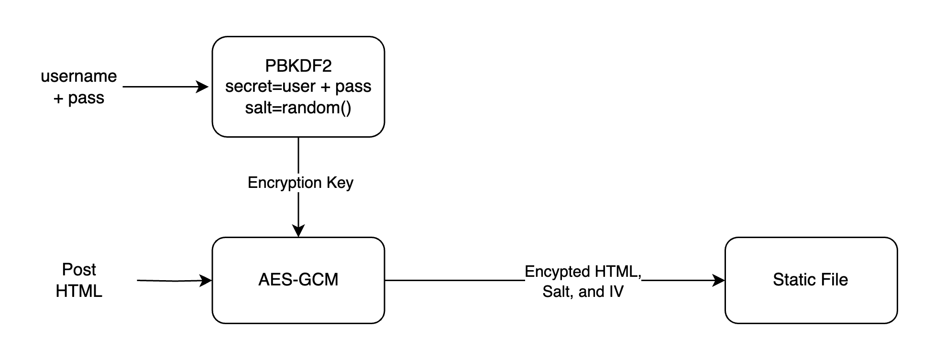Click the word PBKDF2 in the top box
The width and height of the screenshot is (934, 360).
click(x=298, y=65)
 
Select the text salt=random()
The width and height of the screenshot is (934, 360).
click(x=298, y=108)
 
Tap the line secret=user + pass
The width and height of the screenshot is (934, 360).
click(x=298, y=87)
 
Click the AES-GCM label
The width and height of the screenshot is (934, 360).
click(x=298, y=279)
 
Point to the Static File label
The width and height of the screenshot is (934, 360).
click(x=810, y=279)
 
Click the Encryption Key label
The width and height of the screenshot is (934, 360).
click(x=300, y=183)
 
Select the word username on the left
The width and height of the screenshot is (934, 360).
click(x=79, y=76)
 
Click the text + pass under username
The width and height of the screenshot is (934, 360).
click(x=79, y=98)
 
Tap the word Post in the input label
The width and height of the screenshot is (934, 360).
click(x=79, y=270)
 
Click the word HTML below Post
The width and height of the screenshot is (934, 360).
click(x=79, y=291)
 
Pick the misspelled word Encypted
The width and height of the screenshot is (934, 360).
click(x=557, y=272)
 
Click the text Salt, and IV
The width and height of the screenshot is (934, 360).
click(x=582, y=292)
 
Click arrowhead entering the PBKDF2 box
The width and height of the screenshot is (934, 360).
click(x=203, y=87)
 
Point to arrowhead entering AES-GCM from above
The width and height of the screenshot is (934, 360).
click(x=298, y=231)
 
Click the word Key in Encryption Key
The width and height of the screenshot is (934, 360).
click(x=340, y=183)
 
